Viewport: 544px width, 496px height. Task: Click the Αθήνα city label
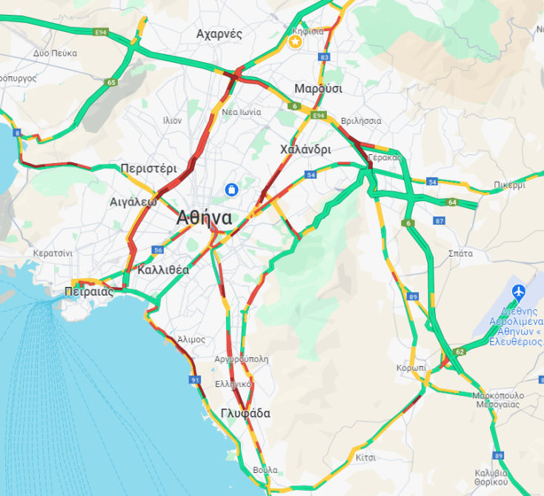(204, 219)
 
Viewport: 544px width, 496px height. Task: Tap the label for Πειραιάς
(89, 292)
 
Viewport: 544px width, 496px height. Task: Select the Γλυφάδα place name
(245, 413)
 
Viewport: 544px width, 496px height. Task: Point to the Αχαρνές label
(219, 33)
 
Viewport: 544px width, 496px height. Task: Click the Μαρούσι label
(318, 88)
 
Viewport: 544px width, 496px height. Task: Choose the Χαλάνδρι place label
(305, 149)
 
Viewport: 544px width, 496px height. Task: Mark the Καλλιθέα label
(163, 270)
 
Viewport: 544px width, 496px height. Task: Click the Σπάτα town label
(460, 253)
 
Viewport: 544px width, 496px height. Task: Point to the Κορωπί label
(411, 368)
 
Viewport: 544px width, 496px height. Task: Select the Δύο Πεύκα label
(55, 53)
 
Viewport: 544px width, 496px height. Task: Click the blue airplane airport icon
(519, 291)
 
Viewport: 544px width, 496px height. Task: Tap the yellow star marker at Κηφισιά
(295, 42)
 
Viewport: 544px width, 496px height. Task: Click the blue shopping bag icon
(233, 191)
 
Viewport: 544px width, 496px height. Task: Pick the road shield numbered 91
(196, 380)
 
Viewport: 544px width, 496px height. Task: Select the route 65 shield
(111, 82)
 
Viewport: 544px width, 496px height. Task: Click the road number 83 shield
(324, 57)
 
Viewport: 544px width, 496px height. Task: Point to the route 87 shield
(439, 221)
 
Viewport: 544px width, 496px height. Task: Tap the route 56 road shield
(158, 251)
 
